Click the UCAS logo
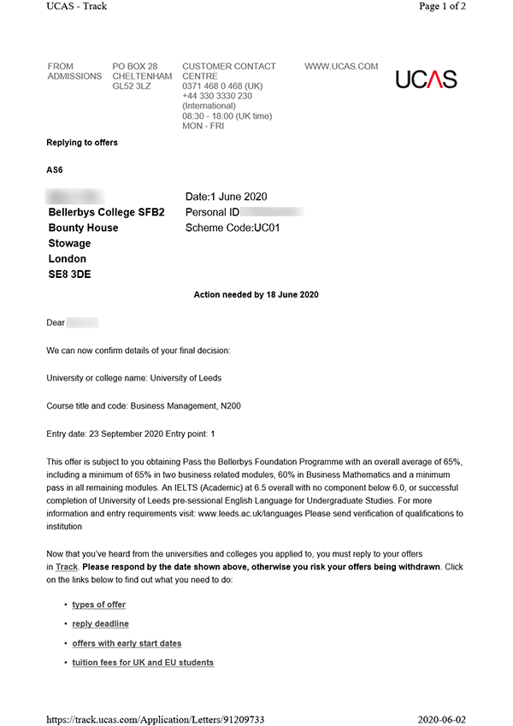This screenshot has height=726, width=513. tap(426, 80)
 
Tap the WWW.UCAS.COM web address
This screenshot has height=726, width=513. tap(341, 67)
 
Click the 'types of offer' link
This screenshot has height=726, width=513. tap(98, 605)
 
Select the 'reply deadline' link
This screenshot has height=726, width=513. tap(100, 624)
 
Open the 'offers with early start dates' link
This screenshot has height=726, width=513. tap(127, 643)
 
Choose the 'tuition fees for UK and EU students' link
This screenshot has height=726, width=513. tap(143, 663)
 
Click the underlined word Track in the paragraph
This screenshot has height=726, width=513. tap(67, 567)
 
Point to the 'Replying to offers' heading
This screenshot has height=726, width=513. tap(82, 143)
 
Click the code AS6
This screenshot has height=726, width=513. tap(55, 170)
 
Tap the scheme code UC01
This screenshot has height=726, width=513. tap(267, 228)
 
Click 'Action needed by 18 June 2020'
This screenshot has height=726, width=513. tap(256, 295)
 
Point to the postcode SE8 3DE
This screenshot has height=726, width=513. tap(69, 274)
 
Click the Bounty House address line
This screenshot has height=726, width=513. tap(83, 228)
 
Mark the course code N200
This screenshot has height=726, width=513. tap(228, 406)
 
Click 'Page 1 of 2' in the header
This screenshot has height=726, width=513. tap(466, 6)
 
